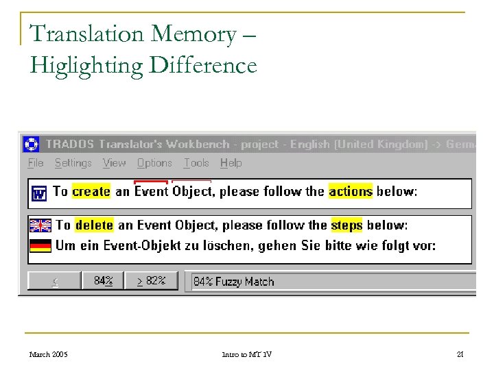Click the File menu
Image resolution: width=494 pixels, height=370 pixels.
click(36, 163)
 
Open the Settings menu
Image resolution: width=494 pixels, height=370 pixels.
click(73, 163)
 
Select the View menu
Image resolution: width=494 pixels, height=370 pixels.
click(114, 163)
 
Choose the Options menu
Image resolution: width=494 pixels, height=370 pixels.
click(154, 163)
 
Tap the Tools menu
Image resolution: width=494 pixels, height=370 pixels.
click(196, 163)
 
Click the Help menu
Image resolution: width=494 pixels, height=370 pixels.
click(231, 163)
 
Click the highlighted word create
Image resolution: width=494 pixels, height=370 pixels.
click(91, 192)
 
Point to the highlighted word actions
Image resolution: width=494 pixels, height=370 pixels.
click(351, 192)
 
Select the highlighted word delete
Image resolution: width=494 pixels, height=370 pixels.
click(95, 225)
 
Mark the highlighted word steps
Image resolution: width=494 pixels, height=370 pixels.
click(346, 225)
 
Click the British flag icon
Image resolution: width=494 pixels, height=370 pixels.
click(40, 225)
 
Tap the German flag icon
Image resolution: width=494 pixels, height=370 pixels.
click(40, 245)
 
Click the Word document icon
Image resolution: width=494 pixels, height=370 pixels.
click(39, 194)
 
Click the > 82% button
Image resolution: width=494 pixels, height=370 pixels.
click(151, 281)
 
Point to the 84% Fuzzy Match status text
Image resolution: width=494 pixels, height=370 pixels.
click(233, 282)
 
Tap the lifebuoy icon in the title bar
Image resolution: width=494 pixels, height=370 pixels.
click(32, 145)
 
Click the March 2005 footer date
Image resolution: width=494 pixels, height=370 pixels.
click(48, 354)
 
